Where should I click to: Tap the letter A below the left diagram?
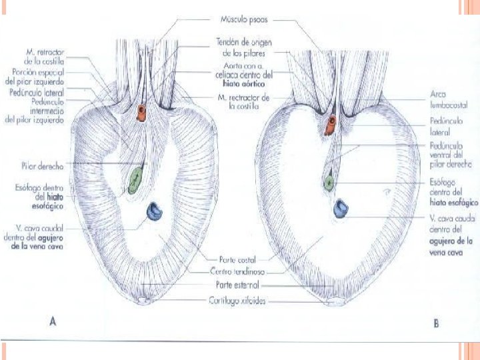(53, 323)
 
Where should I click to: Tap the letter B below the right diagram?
(435, 324)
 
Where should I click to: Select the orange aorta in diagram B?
(331, 125)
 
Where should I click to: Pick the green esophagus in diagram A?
(135, 179)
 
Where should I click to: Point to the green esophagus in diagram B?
(330, 181)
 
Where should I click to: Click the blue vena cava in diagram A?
(155, 213)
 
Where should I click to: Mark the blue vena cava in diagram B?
(343, 209)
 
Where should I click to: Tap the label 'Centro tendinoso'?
(238, 271)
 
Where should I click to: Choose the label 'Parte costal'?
(238, 259)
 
